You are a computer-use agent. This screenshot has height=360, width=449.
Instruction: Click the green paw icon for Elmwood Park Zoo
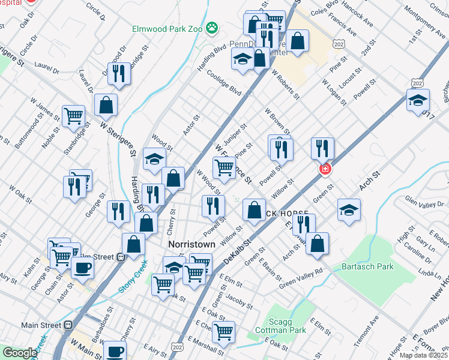(x=211, y=26)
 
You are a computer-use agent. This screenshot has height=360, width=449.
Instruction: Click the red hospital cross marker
(x=325, y=170)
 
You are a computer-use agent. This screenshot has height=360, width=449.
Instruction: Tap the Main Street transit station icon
(x=68, y=325)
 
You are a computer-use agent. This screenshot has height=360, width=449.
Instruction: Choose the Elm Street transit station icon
(x=121, y=257)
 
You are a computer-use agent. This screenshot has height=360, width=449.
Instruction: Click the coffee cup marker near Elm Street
(x=83, y=268)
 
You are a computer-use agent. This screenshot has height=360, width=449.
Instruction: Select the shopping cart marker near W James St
(x=73, y=115)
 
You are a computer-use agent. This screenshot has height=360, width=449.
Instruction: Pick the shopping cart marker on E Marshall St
(x=224, y=331)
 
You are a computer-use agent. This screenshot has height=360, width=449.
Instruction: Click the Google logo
(x=19, y=353)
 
